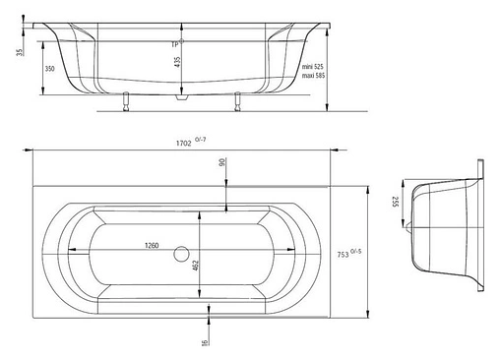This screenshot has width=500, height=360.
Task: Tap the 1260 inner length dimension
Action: coord(152,245)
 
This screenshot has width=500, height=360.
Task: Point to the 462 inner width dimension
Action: coord(196,266)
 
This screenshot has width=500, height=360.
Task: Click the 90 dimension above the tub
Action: coord(222,162)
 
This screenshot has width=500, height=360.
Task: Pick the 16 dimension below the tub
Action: coord(205,342)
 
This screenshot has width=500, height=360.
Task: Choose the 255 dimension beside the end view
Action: coord(396,202)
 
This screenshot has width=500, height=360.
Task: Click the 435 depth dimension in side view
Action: coord(177,61)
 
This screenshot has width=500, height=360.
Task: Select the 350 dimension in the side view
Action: coord(49,69)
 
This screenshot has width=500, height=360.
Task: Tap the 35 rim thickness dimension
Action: coord(21,52)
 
